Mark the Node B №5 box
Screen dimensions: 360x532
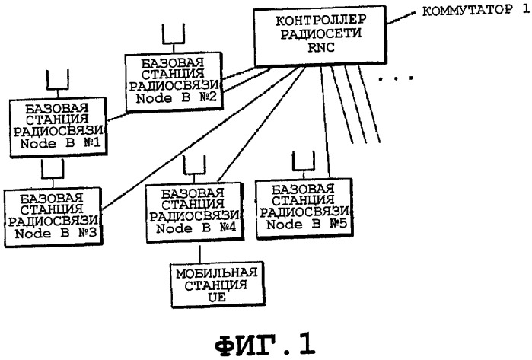tap(303, 208)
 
